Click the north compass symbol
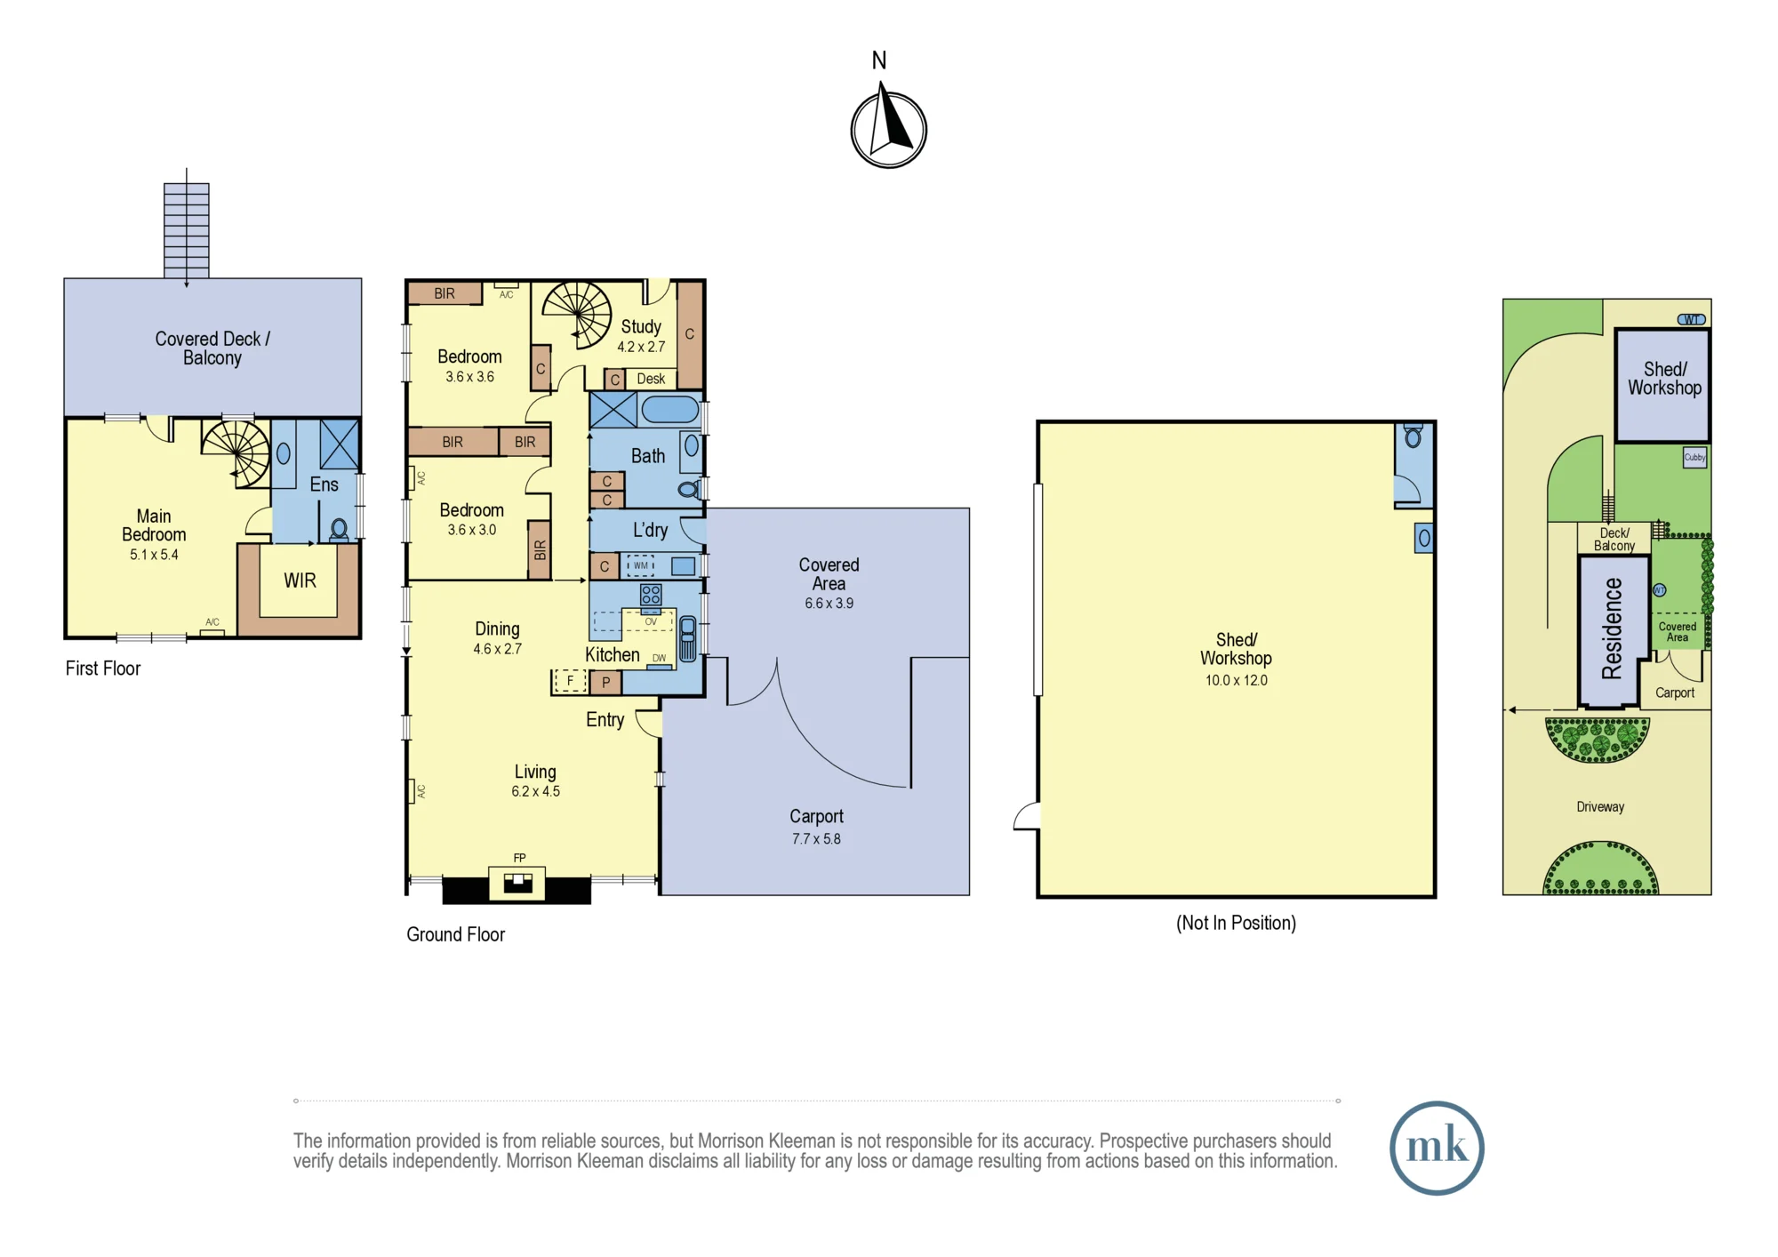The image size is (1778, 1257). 888,127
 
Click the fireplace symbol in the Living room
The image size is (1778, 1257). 517,883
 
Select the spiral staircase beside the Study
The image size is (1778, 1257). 578,315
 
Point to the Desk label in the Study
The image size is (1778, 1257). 651,379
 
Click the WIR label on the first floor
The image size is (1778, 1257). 300,580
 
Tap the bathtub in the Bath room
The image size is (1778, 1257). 670,410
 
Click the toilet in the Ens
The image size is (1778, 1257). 339,531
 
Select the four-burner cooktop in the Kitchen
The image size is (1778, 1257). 651,595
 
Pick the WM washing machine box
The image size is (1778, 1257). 640,565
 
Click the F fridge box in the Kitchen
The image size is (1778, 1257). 570,682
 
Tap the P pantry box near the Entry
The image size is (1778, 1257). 605,683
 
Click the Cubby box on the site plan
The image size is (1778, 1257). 1694,458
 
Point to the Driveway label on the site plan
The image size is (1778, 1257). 1600,807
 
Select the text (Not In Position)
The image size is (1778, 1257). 1236,923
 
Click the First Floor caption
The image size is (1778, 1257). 103,669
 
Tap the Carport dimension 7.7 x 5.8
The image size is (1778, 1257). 816,838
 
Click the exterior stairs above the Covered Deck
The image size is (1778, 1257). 187,230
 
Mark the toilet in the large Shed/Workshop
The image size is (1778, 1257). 1413,437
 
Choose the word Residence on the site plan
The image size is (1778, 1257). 1612,628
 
